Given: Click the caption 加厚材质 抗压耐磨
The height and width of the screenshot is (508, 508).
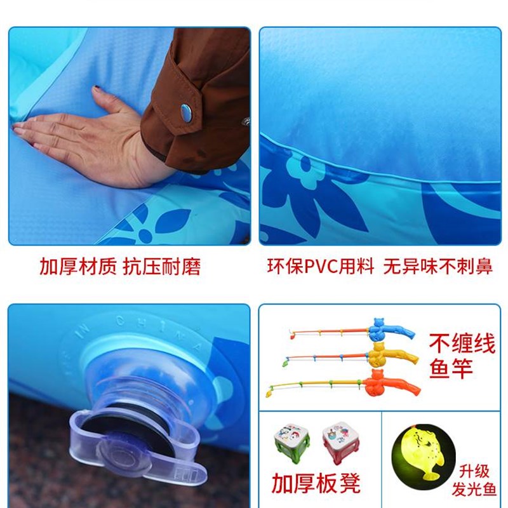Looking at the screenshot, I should click(120, 267).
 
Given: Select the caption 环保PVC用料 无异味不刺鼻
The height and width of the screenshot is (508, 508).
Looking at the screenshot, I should click(379, 267).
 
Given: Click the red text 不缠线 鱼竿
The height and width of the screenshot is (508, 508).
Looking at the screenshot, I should click(462, 356).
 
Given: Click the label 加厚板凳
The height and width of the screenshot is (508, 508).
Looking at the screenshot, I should click(316, 483).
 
